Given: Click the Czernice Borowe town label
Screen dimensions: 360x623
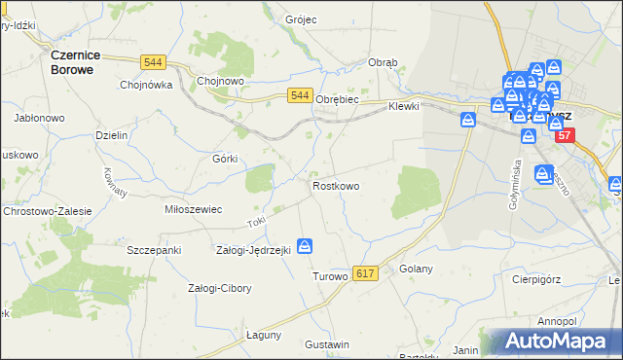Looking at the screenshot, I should pyautogui.click(x=79, y=62).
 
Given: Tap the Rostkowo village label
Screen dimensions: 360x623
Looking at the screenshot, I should pyautogui.click(x=336, y=185).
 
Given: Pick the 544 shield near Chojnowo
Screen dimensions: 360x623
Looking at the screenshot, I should pyautogui.click(x=178, y=62).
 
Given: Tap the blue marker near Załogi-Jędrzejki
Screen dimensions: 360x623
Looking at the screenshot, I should pyautogui.click(x=306, y=247).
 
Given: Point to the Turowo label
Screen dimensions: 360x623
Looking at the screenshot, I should pyautogui.click(x=329, y=276).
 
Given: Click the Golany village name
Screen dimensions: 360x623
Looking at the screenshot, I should pyautogui.click(x=416, y=269).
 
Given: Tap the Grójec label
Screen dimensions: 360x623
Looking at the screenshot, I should pyautogui.click(x=303, y=19).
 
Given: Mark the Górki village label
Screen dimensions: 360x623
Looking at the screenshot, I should pyautogui.click(x=225, y=158).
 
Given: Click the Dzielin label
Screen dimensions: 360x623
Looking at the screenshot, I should pyautogui.click(x=112, y=135).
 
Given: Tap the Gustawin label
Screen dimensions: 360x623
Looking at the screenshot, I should pyautogui.click(x=327, y=345).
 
